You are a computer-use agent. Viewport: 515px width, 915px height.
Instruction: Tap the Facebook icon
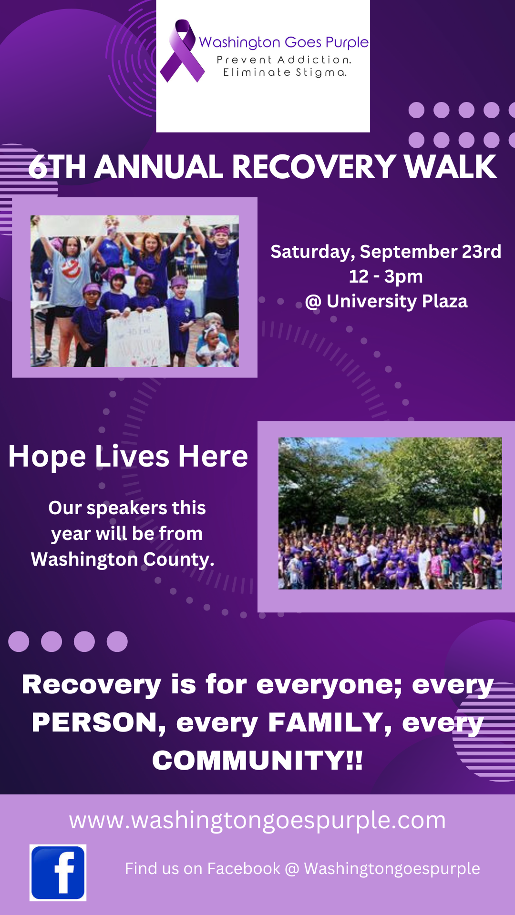58,873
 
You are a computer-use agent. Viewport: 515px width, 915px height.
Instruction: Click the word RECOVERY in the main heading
313,167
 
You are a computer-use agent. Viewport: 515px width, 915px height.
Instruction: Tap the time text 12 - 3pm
386,276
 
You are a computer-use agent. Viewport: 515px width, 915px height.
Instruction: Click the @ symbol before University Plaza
313,302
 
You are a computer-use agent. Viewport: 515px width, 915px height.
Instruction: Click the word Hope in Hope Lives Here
47,457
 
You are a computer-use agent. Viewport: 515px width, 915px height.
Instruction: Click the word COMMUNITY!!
257,760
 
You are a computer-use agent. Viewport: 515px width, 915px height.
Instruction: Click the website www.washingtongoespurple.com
257,821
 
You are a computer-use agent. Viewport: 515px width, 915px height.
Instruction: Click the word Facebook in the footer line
244,869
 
